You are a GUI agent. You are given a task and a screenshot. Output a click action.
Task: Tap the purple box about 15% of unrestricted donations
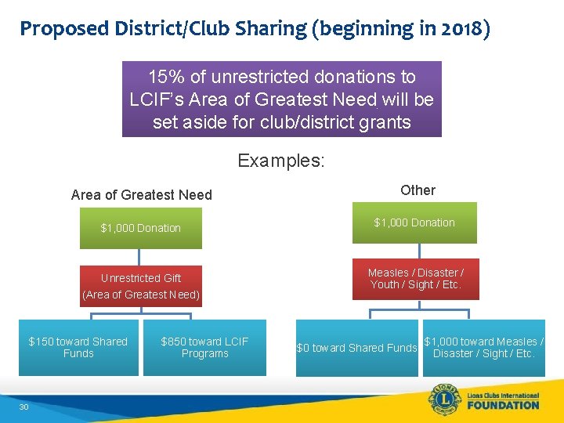pos(281,99)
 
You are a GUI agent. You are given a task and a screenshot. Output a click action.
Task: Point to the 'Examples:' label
pos(280,161)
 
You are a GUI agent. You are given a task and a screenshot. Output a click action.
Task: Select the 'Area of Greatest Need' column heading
pos(141,195)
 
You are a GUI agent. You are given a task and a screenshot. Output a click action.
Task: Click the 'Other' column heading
pos(418,190)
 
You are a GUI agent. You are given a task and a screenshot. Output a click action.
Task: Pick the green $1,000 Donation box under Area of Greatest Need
pos(141,228)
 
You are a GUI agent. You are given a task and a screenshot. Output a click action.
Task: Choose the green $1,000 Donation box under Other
pos(414,222)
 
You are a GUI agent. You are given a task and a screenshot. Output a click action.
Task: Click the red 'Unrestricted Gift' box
pos(141,286)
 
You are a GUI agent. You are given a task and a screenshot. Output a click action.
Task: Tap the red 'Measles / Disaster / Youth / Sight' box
pos(415,279)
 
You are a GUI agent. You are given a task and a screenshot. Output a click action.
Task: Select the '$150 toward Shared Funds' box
pos(78,347)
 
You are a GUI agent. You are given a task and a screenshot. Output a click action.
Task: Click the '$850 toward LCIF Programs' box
pos(204,347)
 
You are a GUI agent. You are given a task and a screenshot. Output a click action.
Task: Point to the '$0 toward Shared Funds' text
pos(356,348)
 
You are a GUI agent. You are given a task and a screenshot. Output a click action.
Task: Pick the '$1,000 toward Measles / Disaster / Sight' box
pos(483,347)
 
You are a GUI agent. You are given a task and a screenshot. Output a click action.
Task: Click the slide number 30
pos(23,406)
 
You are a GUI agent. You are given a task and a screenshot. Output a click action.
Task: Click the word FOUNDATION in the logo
pos(500,405)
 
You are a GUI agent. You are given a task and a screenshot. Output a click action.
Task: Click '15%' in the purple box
pos(166,78)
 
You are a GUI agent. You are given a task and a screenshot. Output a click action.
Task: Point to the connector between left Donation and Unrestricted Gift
pos(139,258)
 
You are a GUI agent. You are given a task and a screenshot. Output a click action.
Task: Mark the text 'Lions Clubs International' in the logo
pos(500,394)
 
